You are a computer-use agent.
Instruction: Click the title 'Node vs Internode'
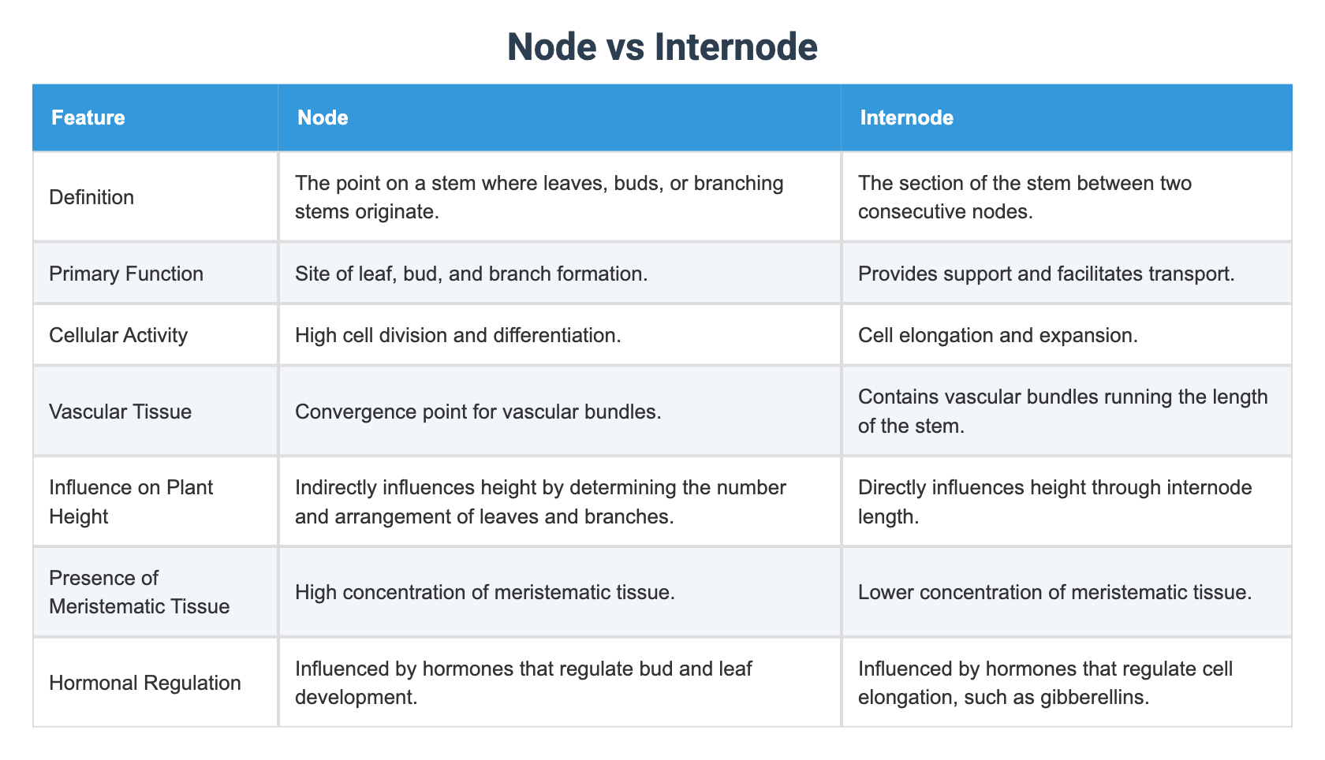point(662,47)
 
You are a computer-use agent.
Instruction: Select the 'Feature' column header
point(88,117)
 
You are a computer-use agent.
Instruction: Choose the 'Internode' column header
point(906,117)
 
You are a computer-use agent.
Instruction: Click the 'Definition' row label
point(91,197)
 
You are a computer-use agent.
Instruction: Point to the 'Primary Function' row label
point(126,274)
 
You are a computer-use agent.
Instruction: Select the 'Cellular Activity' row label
point(118,335)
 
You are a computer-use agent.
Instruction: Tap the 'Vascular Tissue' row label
point(120,412)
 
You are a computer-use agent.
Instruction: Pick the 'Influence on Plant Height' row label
point(131,501)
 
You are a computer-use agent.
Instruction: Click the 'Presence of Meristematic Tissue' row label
point(140,592)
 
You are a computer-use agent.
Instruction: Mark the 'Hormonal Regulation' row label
point(145,683)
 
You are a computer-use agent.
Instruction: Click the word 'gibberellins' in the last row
point(1092,698)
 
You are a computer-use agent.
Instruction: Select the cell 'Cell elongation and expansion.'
point(998,335)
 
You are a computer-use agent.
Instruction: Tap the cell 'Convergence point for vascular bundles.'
point(478,412)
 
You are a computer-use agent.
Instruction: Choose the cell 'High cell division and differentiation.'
point(458,335)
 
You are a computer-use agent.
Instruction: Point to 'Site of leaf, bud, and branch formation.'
point(472,274)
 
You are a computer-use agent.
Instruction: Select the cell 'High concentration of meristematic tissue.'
point(485,592)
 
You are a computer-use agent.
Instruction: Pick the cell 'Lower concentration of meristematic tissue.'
point(1055,592)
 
